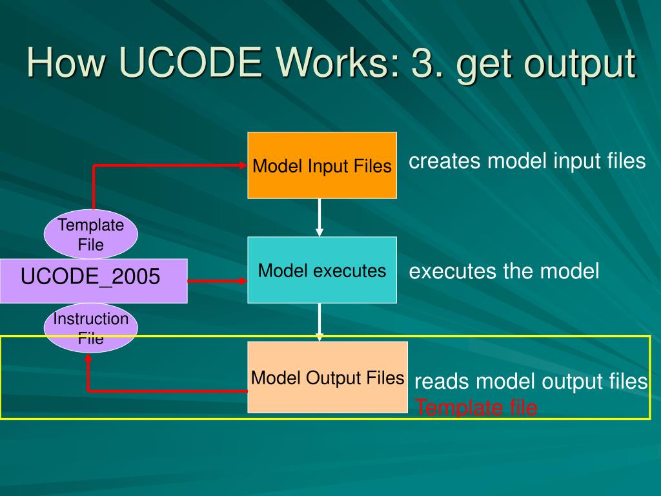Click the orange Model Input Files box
pyautogui.click(x=322, y=165)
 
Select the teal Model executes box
pyautogui.click(x=322, y=270)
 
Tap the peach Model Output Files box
pyautogui.click(x=327, y=377)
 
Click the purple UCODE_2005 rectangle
pyautogui.click(x=94, y=281)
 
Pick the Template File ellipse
pyautogui.click(x=90, y=234)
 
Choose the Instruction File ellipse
pyautogui.click(x=90, y=328)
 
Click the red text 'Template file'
pyautogui.click(x=476, y=408)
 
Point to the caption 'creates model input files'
pyautogui.click(x=527, y=161)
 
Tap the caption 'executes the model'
pyautogui.click(x=503, y=271)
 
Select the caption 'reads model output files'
pyautogui.click(x=531, y=381)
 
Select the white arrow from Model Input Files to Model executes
pyautogui.click(x=320, y=218)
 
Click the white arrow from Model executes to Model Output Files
pyautogui.click(x=320, y=322)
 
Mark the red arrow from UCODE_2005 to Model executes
pyautogui.click(x=218, y=281)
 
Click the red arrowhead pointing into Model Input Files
pyautogui.click(x=243, y=165)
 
